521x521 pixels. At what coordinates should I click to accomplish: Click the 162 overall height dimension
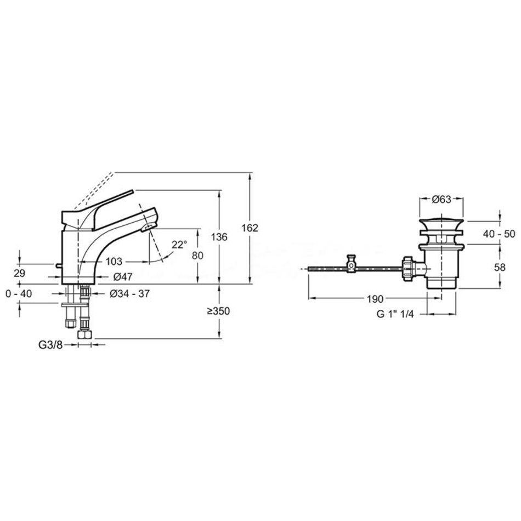250,228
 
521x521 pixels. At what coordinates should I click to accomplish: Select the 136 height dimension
219,237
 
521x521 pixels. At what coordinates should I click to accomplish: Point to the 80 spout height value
197,256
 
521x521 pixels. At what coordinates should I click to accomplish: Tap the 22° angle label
180,245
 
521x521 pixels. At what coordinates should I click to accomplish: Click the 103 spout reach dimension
114,262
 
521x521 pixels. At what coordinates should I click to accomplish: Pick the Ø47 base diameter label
123,276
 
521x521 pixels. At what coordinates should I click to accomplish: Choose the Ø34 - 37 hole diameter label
130,294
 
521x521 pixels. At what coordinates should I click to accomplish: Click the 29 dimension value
20,273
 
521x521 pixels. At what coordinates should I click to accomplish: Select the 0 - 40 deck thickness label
19,294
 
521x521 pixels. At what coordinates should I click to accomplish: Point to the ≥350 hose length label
219,312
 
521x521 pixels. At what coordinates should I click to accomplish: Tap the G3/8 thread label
50,345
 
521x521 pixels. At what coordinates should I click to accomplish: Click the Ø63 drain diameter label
441,200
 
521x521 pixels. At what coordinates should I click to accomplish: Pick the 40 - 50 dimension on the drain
499,234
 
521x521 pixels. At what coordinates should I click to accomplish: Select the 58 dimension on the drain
500,267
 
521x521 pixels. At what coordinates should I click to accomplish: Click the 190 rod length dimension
375,299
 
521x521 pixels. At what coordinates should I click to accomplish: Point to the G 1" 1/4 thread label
395,314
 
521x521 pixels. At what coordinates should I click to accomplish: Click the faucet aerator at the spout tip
148,228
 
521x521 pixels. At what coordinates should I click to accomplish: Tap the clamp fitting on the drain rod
351,264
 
